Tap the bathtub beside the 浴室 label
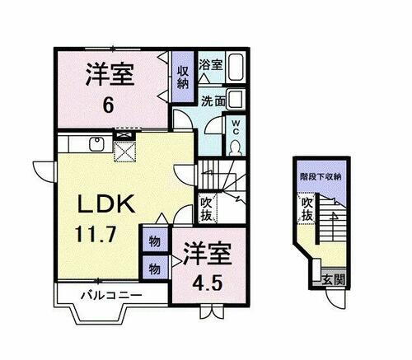tap(236, 66)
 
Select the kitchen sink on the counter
tap(96, 146)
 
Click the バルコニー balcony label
tap(110, 294)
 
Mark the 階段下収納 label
tap(320, 176)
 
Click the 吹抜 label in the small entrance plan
tap(307, 208)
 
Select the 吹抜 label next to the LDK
tap(207, 208)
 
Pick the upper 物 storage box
tap(154, 242)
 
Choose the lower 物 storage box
tap(154, 267)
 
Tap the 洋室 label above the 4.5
tap(206, 252)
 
